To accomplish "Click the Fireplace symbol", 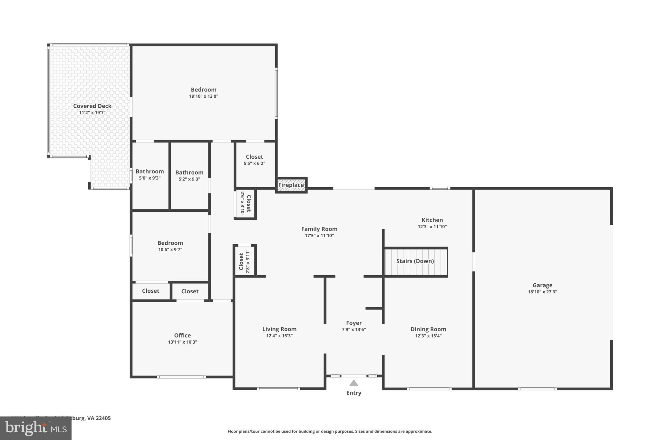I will coord(291,185).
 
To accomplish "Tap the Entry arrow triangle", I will coord(354,383).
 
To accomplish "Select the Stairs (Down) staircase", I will coord(415,261).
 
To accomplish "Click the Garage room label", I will coord(542,285).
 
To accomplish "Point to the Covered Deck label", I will coord(92,106).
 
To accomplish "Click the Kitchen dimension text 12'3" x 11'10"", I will coord(432,227).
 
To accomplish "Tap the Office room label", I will coord(182,336).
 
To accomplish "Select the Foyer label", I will coord(354,323).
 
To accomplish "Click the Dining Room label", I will coord(428,329).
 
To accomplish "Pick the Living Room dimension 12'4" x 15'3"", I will coord(279,336).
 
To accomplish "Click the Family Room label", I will coord(319,229).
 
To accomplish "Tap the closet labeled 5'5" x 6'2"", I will coord(254,160).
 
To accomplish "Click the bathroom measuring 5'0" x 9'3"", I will coord(150,174).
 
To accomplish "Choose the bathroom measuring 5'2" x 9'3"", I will coord(189,175).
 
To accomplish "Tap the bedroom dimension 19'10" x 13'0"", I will coord(203,96).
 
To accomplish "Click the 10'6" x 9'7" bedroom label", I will coord(170,246).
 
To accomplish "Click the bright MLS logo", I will coord(35,428).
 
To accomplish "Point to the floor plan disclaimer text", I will coord(330,431).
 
